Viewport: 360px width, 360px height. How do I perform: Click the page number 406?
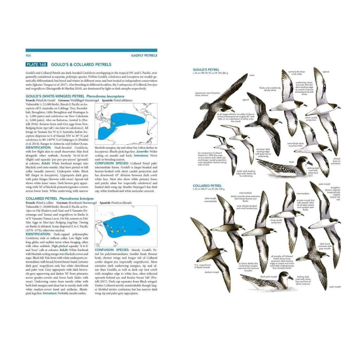point(29,56)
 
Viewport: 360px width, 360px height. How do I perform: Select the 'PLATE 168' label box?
point(37,65)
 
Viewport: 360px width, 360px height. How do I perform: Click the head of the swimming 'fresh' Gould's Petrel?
point(306,163)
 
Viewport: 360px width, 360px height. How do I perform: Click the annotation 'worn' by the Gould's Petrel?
point(252,75)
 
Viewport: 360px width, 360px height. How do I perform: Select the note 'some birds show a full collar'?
point(296,73)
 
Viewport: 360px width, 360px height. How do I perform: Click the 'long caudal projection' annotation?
point(276,221)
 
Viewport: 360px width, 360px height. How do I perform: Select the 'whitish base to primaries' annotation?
point(336,161)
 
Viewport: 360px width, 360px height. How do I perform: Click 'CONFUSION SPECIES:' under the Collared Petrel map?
point(109,250)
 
